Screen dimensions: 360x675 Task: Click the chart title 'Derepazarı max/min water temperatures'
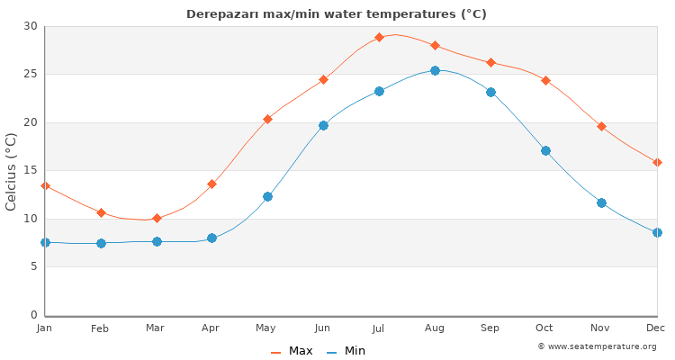click(337, 14)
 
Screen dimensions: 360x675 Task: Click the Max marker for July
click(379, 37)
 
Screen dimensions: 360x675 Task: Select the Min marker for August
click(435, 70)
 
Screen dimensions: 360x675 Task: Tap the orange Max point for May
click(267, 119)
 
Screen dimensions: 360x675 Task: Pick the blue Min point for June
click(323, 125)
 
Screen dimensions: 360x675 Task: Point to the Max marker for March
click(157, 218)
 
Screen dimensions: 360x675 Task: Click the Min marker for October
click(545, 150)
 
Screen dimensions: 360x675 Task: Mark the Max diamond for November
click(601, 126)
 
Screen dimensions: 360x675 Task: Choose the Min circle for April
click(211, 238)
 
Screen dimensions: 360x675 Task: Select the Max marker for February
click(101, 212)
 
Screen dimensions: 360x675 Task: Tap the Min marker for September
click(490, 92)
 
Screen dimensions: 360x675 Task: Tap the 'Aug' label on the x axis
click(435, 328)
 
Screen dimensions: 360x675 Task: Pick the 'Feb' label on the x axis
click(100, 328)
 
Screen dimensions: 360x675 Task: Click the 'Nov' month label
click(601, 328)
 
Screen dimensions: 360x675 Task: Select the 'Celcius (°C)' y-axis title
click(12, 171)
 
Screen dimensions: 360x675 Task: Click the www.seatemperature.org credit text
click(597, 346)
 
